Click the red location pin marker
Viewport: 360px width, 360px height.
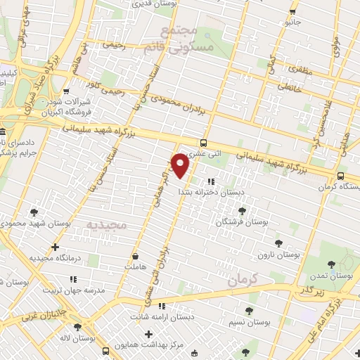click(181, 165)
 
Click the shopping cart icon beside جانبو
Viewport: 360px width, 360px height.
click(292, 12)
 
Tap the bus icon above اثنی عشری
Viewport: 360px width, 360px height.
click(204, 141)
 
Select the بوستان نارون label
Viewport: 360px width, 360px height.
click(276, 254)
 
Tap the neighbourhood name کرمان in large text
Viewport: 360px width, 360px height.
click(264, 279)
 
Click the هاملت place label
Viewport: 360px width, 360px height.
click(134, 267)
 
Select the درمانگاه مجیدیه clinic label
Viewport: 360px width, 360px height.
click(58, 258)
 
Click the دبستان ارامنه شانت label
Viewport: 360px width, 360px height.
click(186, 316)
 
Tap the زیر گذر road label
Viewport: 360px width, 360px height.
click(309, 290)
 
